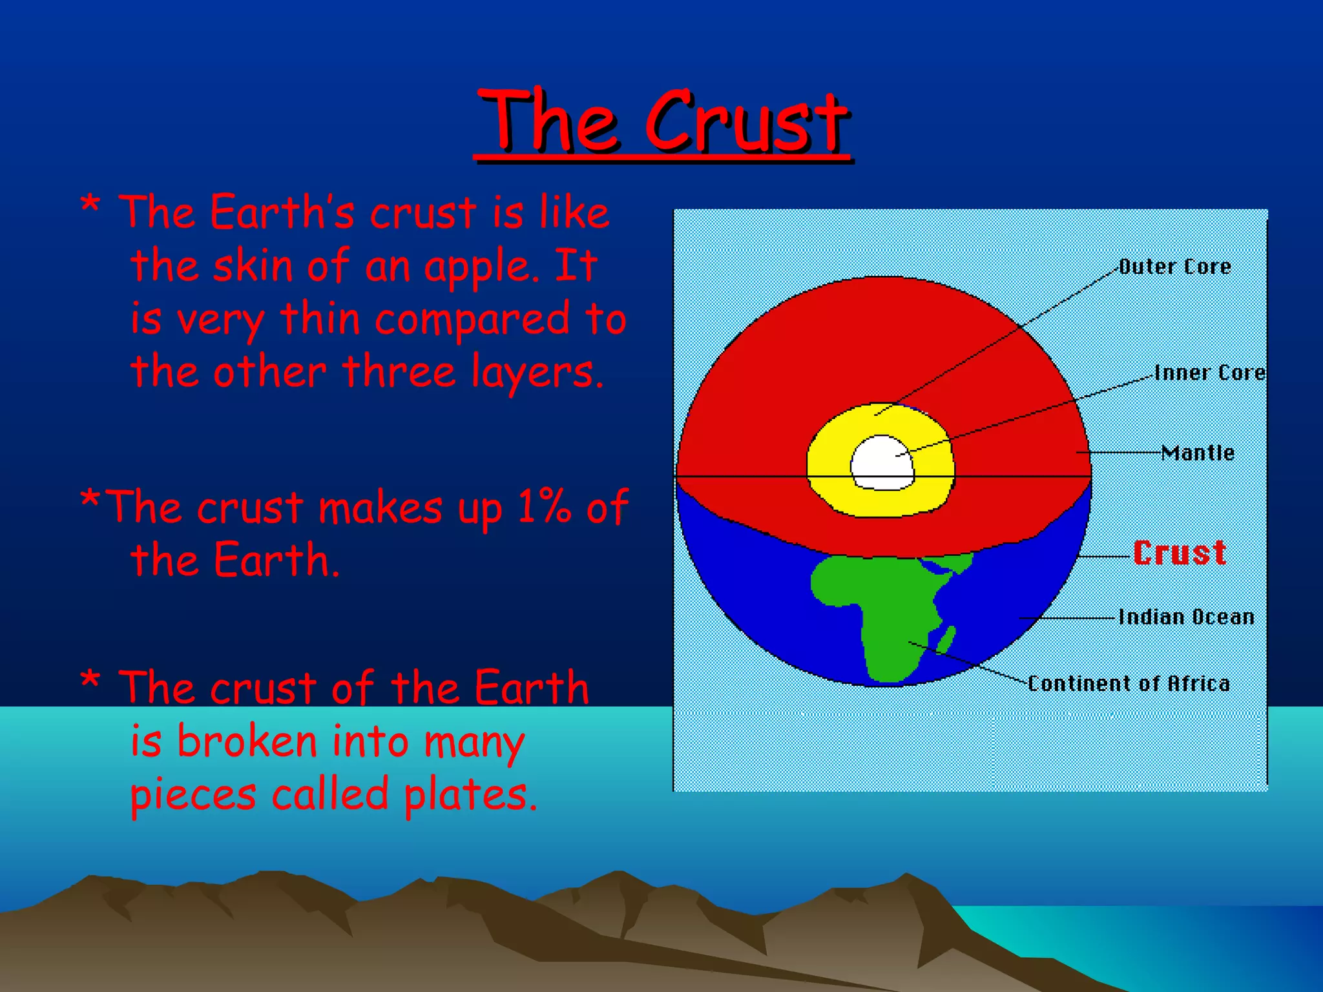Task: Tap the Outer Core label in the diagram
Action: coord(1174,267)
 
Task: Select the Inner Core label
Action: coord(1209,373)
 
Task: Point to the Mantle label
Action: coord(1198,453)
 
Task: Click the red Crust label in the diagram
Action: coord(1180,553)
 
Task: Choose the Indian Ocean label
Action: coord(1186,617)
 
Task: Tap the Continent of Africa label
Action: coord(1129,683)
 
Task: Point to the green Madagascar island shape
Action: coord(946,639)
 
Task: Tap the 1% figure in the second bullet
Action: coord(544,507)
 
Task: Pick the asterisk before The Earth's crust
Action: coord(90,208)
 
